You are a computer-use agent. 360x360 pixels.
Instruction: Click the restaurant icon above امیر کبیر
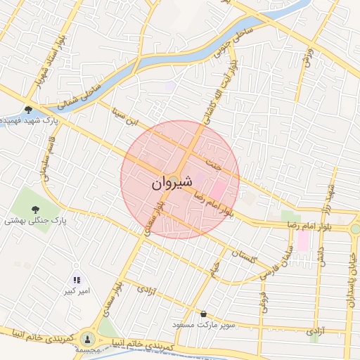[x=77, y=280]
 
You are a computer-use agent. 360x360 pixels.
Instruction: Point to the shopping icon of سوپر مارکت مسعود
[x=203, y=314]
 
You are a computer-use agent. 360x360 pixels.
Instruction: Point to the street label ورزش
[x=307, y=56]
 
